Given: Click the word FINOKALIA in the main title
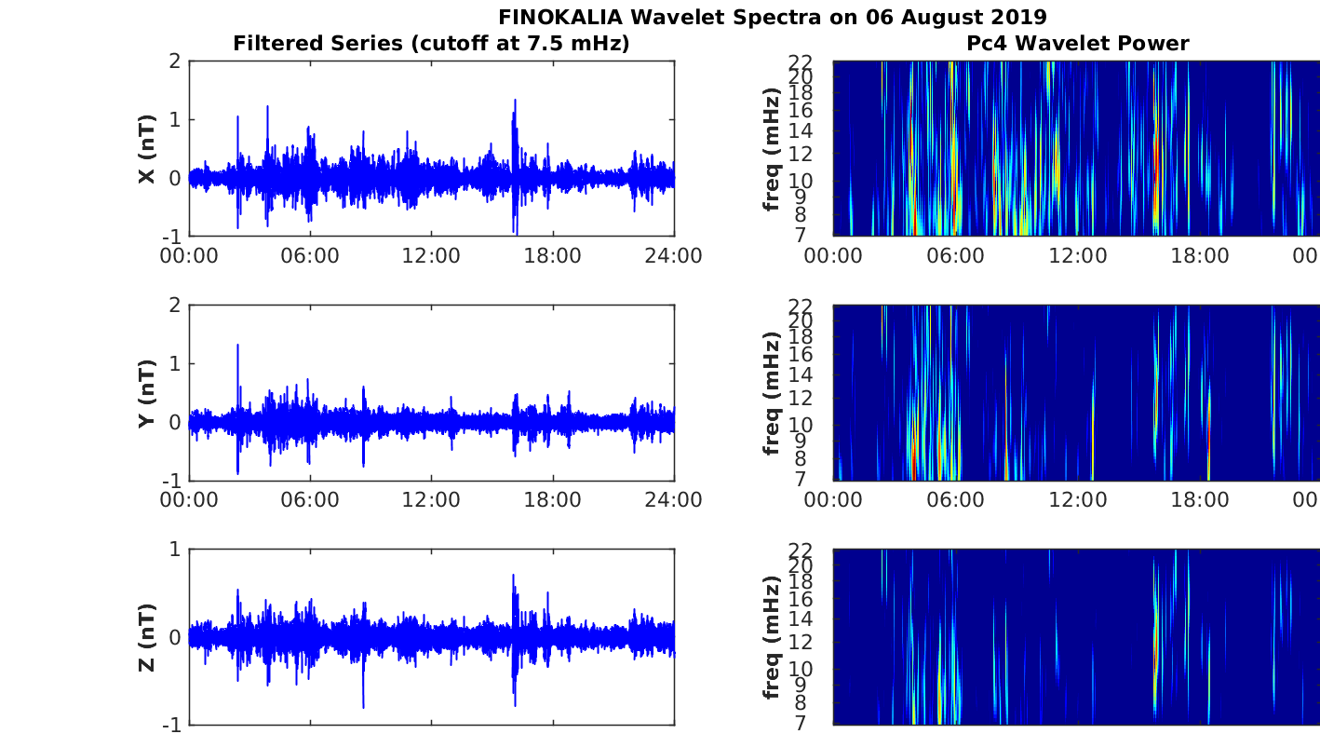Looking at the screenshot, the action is (x=560, y=17).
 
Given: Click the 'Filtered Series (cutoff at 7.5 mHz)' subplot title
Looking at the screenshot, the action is (x=431, y=44).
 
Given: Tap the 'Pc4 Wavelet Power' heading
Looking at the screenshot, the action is (x=1078, y=44).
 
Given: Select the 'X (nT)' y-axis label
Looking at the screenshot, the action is (x=147, y=149).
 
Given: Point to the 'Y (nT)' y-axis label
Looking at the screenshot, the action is (x=147, y=393).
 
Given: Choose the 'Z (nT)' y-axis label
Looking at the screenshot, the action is (x=147, y=638).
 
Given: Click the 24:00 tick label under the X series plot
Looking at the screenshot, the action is (x=674, y=256).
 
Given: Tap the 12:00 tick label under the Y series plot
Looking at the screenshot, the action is (x=431, y=500).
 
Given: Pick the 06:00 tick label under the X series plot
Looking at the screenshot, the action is (x=310, y=256).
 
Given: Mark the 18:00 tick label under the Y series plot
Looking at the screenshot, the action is (x=552, y=500).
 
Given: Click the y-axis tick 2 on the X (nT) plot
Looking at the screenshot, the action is (x=174, y=61).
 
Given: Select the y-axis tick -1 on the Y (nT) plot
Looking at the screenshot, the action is (x=171, y=481).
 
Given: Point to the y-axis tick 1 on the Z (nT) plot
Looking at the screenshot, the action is (x=174, y=550).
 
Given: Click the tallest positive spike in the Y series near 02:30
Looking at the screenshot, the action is (x=238, y=345).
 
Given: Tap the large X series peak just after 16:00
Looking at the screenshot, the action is (x=515, y=101).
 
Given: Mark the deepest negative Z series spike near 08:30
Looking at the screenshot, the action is (x=363, y=706).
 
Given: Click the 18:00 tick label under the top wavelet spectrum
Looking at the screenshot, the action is (x=1200, y=256).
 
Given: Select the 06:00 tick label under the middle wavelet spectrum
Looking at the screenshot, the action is (x=955, y=500).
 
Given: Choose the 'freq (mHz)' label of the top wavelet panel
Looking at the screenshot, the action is (x=771, y=149).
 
